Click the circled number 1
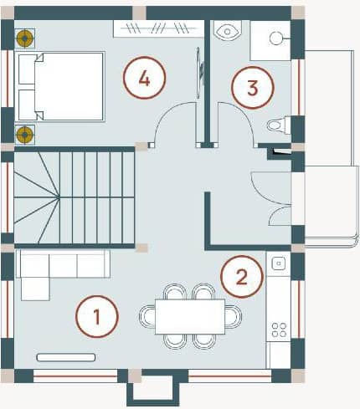point(96,317)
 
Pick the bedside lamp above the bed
point(26,38)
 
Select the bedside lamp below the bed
point(26,133)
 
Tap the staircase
point(74,197)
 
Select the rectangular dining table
point(190,316)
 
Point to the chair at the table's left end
point(148,316)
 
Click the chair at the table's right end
point(234,316)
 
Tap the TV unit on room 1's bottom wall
point(66,357)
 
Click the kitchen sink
point(279,263)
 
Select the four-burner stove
point(279,329)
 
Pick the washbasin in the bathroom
point(226,31)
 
